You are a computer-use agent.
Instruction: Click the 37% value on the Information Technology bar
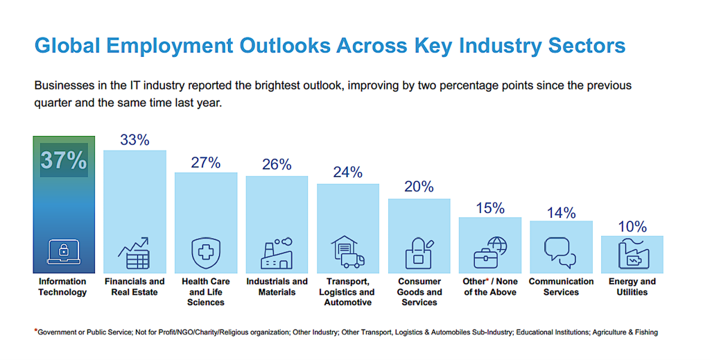coord(63,160)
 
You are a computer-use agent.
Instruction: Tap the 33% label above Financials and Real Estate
coord(135,139)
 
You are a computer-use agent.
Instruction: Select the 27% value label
coord(205,162)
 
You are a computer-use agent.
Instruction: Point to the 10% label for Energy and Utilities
coord(632,226)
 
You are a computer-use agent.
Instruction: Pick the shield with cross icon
coord(205,252)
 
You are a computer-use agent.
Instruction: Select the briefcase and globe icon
coord(490,252)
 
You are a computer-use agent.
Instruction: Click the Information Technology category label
coord(62,286)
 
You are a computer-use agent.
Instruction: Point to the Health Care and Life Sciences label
coord(205,292)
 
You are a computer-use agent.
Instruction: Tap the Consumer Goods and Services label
coord(419,292)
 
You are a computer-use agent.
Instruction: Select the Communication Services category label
coord(561,286)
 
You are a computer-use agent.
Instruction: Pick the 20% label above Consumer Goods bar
coord(419,187)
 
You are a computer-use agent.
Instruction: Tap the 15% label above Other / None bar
coord(490,207)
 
